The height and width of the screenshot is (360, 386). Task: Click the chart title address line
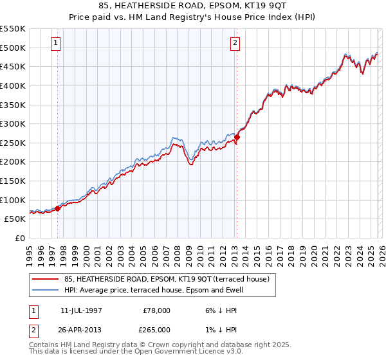(193, 6)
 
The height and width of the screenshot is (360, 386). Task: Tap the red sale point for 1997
(58, 208)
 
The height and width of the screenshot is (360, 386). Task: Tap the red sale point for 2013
(237, 136)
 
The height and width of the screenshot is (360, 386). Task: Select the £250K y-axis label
(13, 143)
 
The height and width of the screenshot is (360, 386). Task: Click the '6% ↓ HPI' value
(218, 310)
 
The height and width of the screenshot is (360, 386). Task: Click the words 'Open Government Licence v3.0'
(186, 352)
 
